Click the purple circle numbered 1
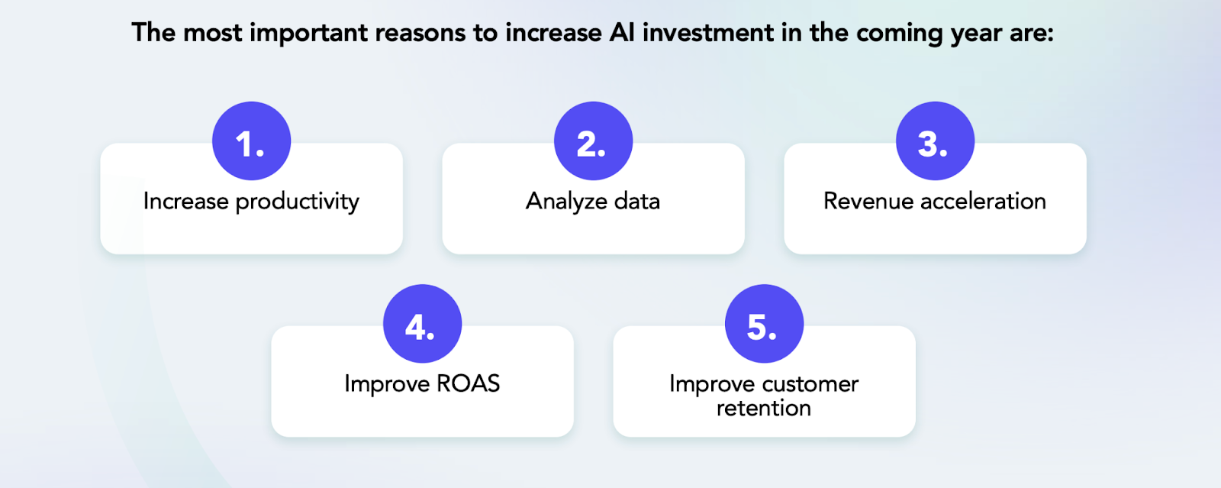click(x=251, y=141)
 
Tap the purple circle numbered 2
click(x=593, y=141)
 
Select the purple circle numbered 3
click(x=935, y=141)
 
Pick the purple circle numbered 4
click(x=422, y=324)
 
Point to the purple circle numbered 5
click(x=764, y=324)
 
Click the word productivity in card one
click(x=297, y=202)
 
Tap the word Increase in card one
click(x=185, y=201)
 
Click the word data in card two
click(x=636, y=201)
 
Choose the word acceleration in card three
click(x=983, y=201)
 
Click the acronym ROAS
click(x=468, y=383)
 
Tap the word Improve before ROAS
click(x=386, y=384)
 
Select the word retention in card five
click(x=763, y=409)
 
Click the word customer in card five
click(x=810, y=383)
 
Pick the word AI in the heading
click(x=622, y=33)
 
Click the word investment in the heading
click(x=708, y=33)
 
